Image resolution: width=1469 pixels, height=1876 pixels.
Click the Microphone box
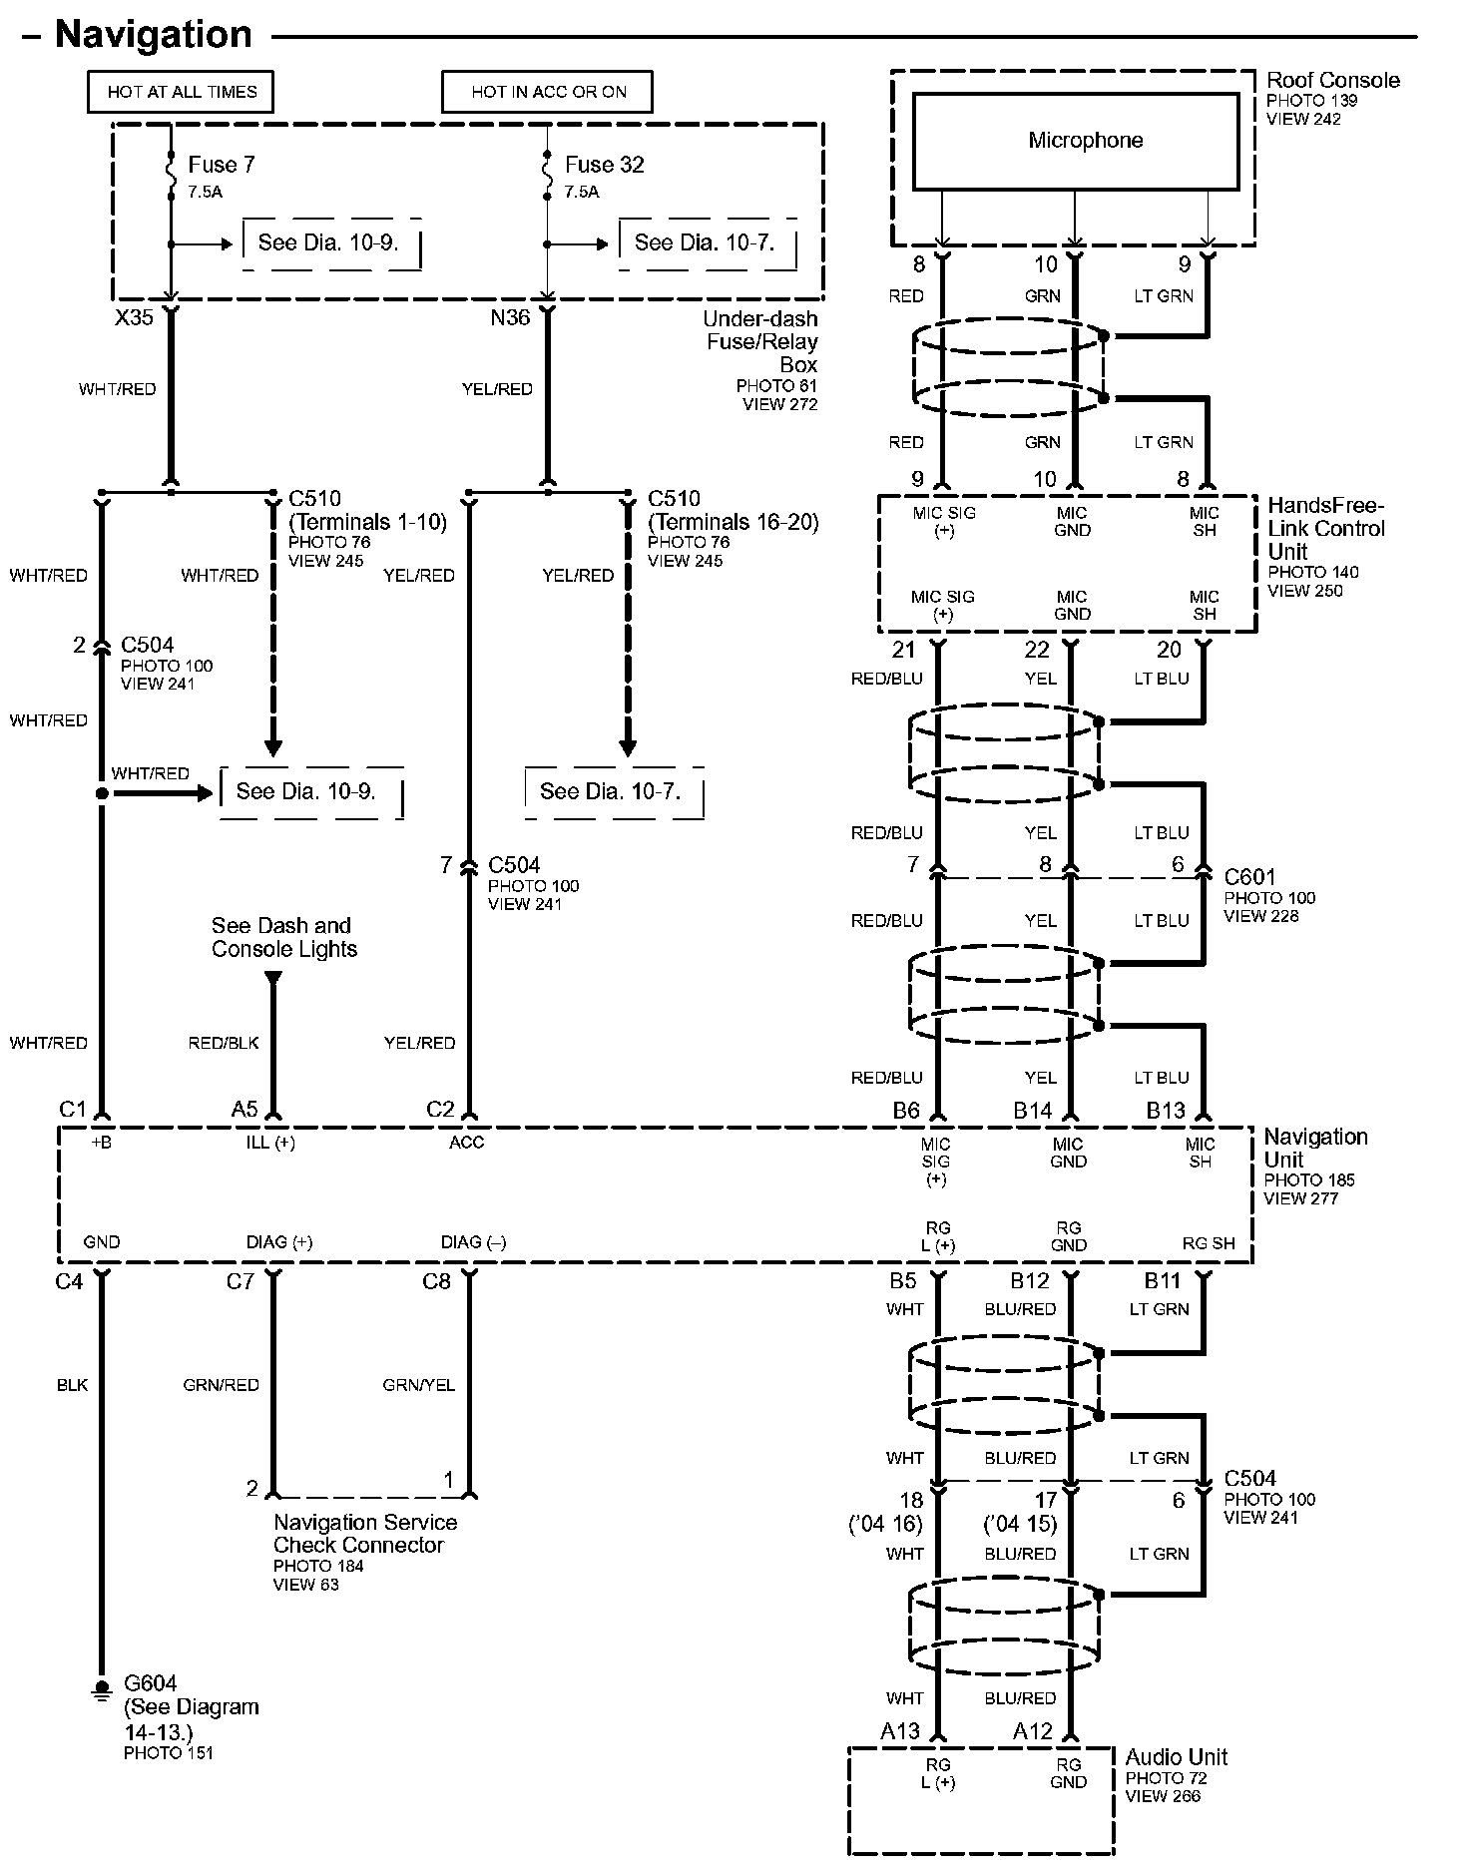(x=1075, y=141)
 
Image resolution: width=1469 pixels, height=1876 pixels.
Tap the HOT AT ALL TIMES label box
(x=181, y=92)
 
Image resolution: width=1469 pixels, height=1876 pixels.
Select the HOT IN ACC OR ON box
(x=548, y=92)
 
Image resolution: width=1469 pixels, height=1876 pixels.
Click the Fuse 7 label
(x=221, y=165)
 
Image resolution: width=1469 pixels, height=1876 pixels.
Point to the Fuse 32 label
(x=604, y=165)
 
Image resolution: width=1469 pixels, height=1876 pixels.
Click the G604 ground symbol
(x=101, y=1690)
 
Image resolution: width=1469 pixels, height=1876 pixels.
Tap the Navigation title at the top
(x=154, y=35)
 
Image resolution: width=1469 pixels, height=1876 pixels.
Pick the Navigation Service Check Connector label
(x=365, y=1534)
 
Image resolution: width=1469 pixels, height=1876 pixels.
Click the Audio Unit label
(x=1176, y=1757)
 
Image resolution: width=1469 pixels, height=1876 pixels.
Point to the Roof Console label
(x=1332, y=81)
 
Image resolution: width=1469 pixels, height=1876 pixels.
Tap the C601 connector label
(x=1249, y=877)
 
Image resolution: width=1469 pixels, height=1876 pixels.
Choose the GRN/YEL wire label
(x=418, y=1385)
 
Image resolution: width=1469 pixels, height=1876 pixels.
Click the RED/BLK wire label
(x=224, y=1043)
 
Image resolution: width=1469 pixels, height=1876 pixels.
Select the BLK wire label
(x=72, y=1385)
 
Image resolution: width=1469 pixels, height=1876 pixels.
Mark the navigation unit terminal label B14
(x=1032, y=1111)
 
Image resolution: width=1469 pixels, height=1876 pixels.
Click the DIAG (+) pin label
(x=279, y=1242)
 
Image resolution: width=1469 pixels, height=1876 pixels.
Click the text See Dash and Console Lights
(x=283, y=937)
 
